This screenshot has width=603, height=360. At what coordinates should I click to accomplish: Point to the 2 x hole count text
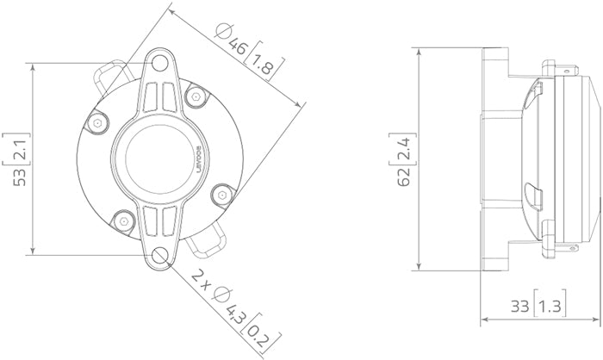point(202,278)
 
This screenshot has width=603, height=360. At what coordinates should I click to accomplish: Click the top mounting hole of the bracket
point(160,63)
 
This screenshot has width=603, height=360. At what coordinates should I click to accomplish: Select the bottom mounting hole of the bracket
point(160,255)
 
